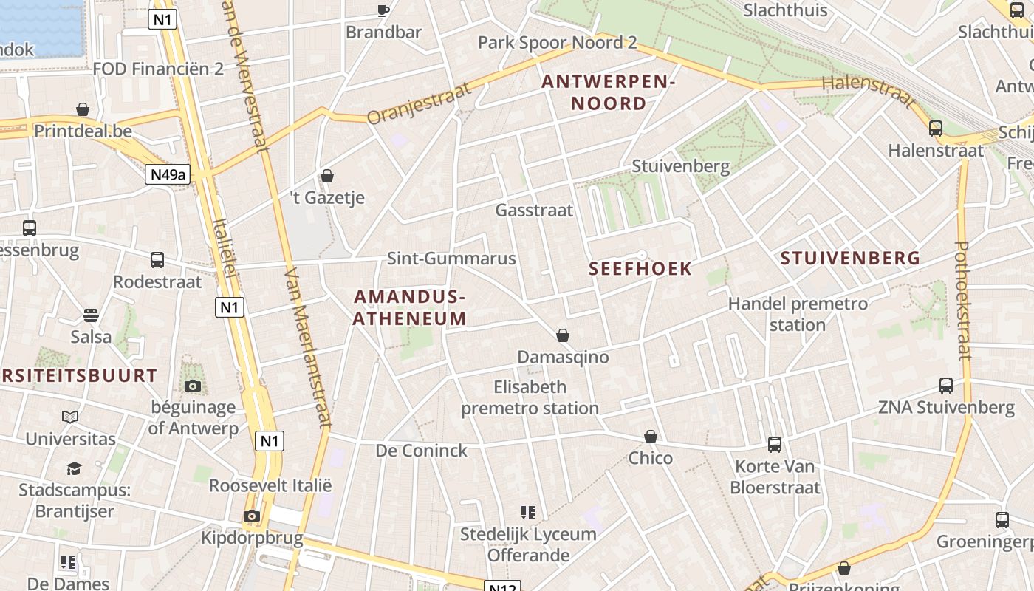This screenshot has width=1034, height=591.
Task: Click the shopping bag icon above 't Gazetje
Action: click(x=327, y=176)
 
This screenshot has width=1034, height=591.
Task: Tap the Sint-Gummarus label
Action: click(x=451, y=259)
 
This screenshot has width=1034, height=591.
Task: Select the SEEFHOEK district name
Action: click(x=640, y=269)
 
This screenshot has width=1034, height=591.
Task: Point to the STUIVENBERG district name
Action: click(x=850, y=258)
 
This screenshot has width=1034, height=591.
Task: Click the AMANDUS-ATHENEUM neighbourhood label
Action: click(x=410, y=307)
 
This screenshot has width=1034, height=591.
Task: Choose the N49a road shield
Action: click(x=168, y=174)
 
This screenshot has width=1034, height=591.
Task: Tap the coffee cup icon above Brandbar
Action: click(x=383, y=10)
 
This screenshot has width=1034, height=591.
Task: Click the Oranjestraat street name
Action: click(x=419, y=103)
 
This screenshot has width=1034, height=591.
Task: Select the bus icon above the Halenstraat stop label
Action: click(x=936, y=128)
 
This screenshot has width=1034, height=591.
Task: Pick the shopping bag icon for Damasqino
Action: click(x=563, y=335)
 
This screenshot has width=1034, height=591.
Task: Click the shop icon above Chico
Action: click(x=651, y=437)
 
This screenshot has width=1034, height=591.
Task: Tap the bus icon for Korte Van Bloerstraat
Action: click(x=775, y=444)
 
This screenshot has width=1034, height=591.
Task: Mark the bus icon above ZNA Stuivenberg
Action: click(x=946, y=385)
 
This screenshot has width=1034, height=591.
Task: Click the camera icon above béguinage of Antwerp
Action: click(x=193, y=386)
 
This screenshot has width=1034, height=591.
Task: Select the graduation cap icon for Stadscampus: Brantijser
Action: click(x=74, y=468)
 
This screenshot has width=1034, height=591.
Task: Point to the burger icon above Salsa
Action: click(x=91, y=315)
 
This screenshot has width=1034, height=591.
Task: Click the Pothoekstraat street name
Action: click(x=963, y=301)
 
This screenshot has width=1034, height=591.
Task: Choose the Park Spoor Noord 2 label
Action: click(x=557, y=42)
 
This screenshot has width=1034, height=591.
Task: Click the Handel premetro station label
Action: click(x=798, y=314)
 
